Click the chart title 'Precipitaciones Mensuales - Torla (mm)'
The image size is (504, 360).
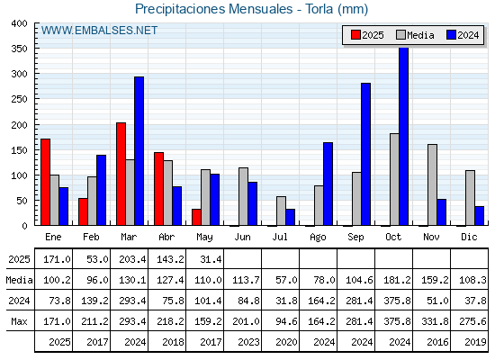click(251, 9)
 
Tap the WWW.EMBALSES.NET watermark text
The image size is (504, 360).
click(99, 31)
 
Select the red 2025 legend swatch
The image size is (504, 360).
click(355, 35)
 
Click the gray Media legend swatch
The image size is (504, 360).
click(400, 35)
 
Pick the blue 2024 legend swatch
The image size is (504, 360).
click(451, 35)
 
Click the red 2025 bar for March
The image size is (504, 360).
click(121, 174)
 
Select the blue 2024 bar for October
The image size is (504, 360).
click(404, 137)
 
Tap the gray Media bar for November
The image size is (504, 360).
click(432, 184)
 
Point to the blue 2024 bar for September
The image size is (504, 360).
click(365, 154)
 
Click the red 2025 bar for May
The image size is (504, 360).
click(196, 217)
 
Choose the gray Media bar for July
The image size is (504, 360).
click(281, 211)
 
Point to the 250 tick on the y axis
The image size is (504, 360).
click(19, 99)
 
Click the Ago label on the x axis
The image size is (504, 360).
click(318, 238)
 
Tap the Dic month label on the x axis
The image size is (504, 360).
click(469, 237)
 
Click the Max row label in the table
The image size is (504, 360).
click(19, 321)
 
